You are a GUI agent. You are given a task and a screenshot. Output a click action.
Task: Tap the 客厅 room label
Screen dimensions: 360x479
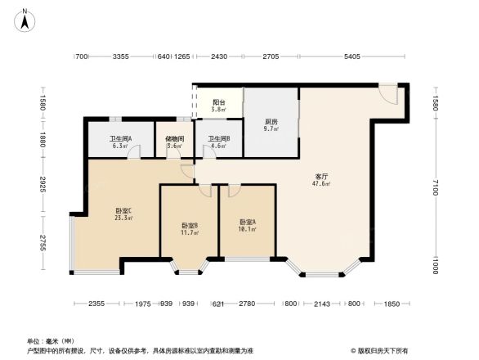pos(322,176)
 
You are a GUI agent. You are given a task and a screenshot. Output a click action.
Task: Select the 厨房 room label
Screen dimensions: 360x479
pos(271,122)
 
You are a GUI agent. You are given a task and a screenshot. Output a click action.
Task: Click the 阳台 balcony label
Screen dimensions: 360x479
pos(218,102)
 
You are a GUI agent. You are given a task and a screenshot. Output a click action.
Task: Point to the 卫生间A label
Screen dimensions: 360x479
pos(120,138)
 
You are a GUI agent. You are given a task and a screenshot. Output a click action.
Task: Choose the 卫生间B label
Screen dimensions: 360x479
pos(218,139)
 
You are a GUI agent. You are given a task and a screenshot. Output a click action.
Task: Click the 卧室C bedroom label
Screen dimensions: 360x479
pos(123,211)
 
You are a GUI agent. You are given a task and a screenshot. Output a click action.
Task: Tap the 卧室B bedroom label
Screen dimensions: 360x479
pos(190,225)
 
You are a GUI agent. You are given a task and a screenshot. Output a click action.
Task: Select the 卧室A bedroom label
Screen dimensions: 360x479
pos(248,222)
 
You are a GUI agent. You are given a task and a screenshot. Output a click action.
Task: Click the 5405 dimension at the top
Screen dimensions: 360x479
pos(351,56)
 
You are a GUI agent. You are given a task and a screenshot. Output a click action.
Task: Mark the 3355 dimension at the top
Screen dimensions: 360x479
pos(122,56)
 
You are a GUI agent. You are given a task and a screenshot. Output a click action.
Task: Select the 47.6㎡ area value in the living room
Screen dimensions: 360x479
pos(322,184)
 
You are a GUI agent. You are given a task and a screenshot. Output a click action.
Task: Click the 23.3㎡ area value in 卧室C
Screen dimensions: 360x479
pos(123,218)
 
